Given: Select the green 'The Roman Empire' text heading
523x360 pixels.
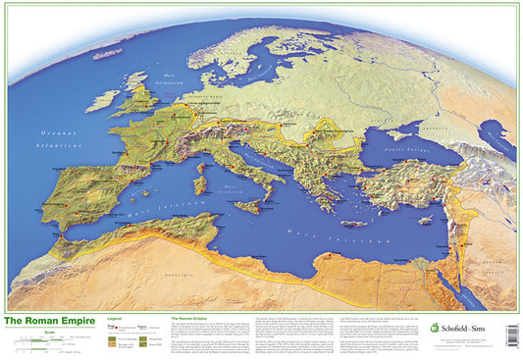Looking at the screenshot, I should pyautogui.click(x=193, y=320).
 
